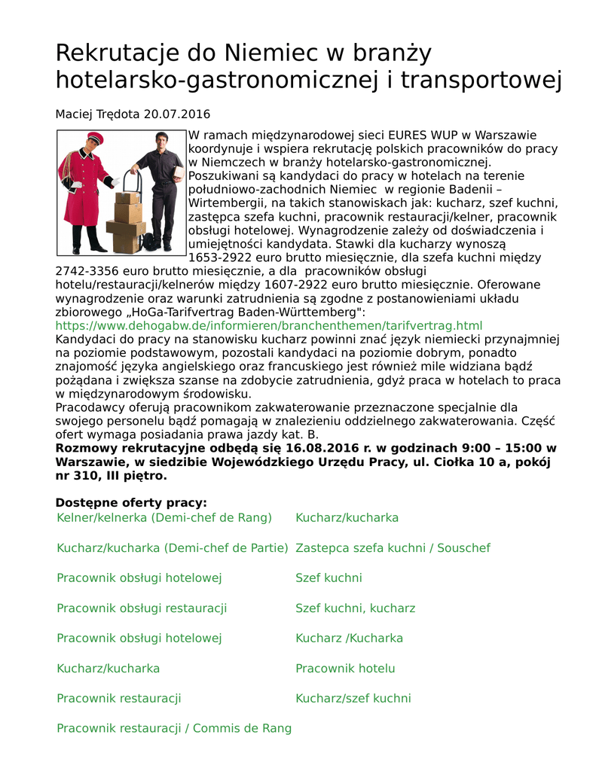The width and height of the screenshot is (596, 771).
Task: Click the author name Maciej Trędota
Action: [x=97, y=114]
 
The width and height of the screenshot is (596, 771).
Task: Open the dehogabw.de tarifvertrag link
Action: [x=269, y=325]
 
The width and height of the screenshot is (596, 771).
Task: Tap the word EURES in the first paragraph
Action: [x=411, y=136]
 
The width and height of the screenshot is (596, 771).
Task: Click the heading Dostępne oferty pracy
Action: [x=131, y=503]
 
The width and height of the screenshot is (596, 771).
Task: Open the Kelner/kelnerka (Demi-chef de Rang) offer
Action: [x=164, y=518]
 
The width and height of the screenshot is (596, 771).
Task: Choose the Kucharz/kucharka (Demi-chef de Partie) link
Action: [x=173, y=548]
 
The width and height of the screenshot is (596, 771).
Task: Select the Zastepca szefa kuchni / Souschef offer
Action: [x=393, y=548]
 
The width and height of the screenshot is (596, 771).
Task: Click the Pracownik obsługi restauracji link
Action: [x=142, y=608]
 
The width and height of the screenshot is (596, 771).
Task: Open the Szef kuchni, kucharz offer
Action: [x=355, y=608]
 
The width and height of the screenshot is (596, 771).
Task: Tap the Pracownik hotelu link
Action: [x=345, y=669]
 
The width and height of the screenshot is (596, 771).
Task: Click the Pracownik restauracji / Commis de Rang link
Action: [x=174, y=729]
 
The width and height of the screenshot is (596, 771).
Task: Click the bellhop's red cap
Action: [x=93, y=137]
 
